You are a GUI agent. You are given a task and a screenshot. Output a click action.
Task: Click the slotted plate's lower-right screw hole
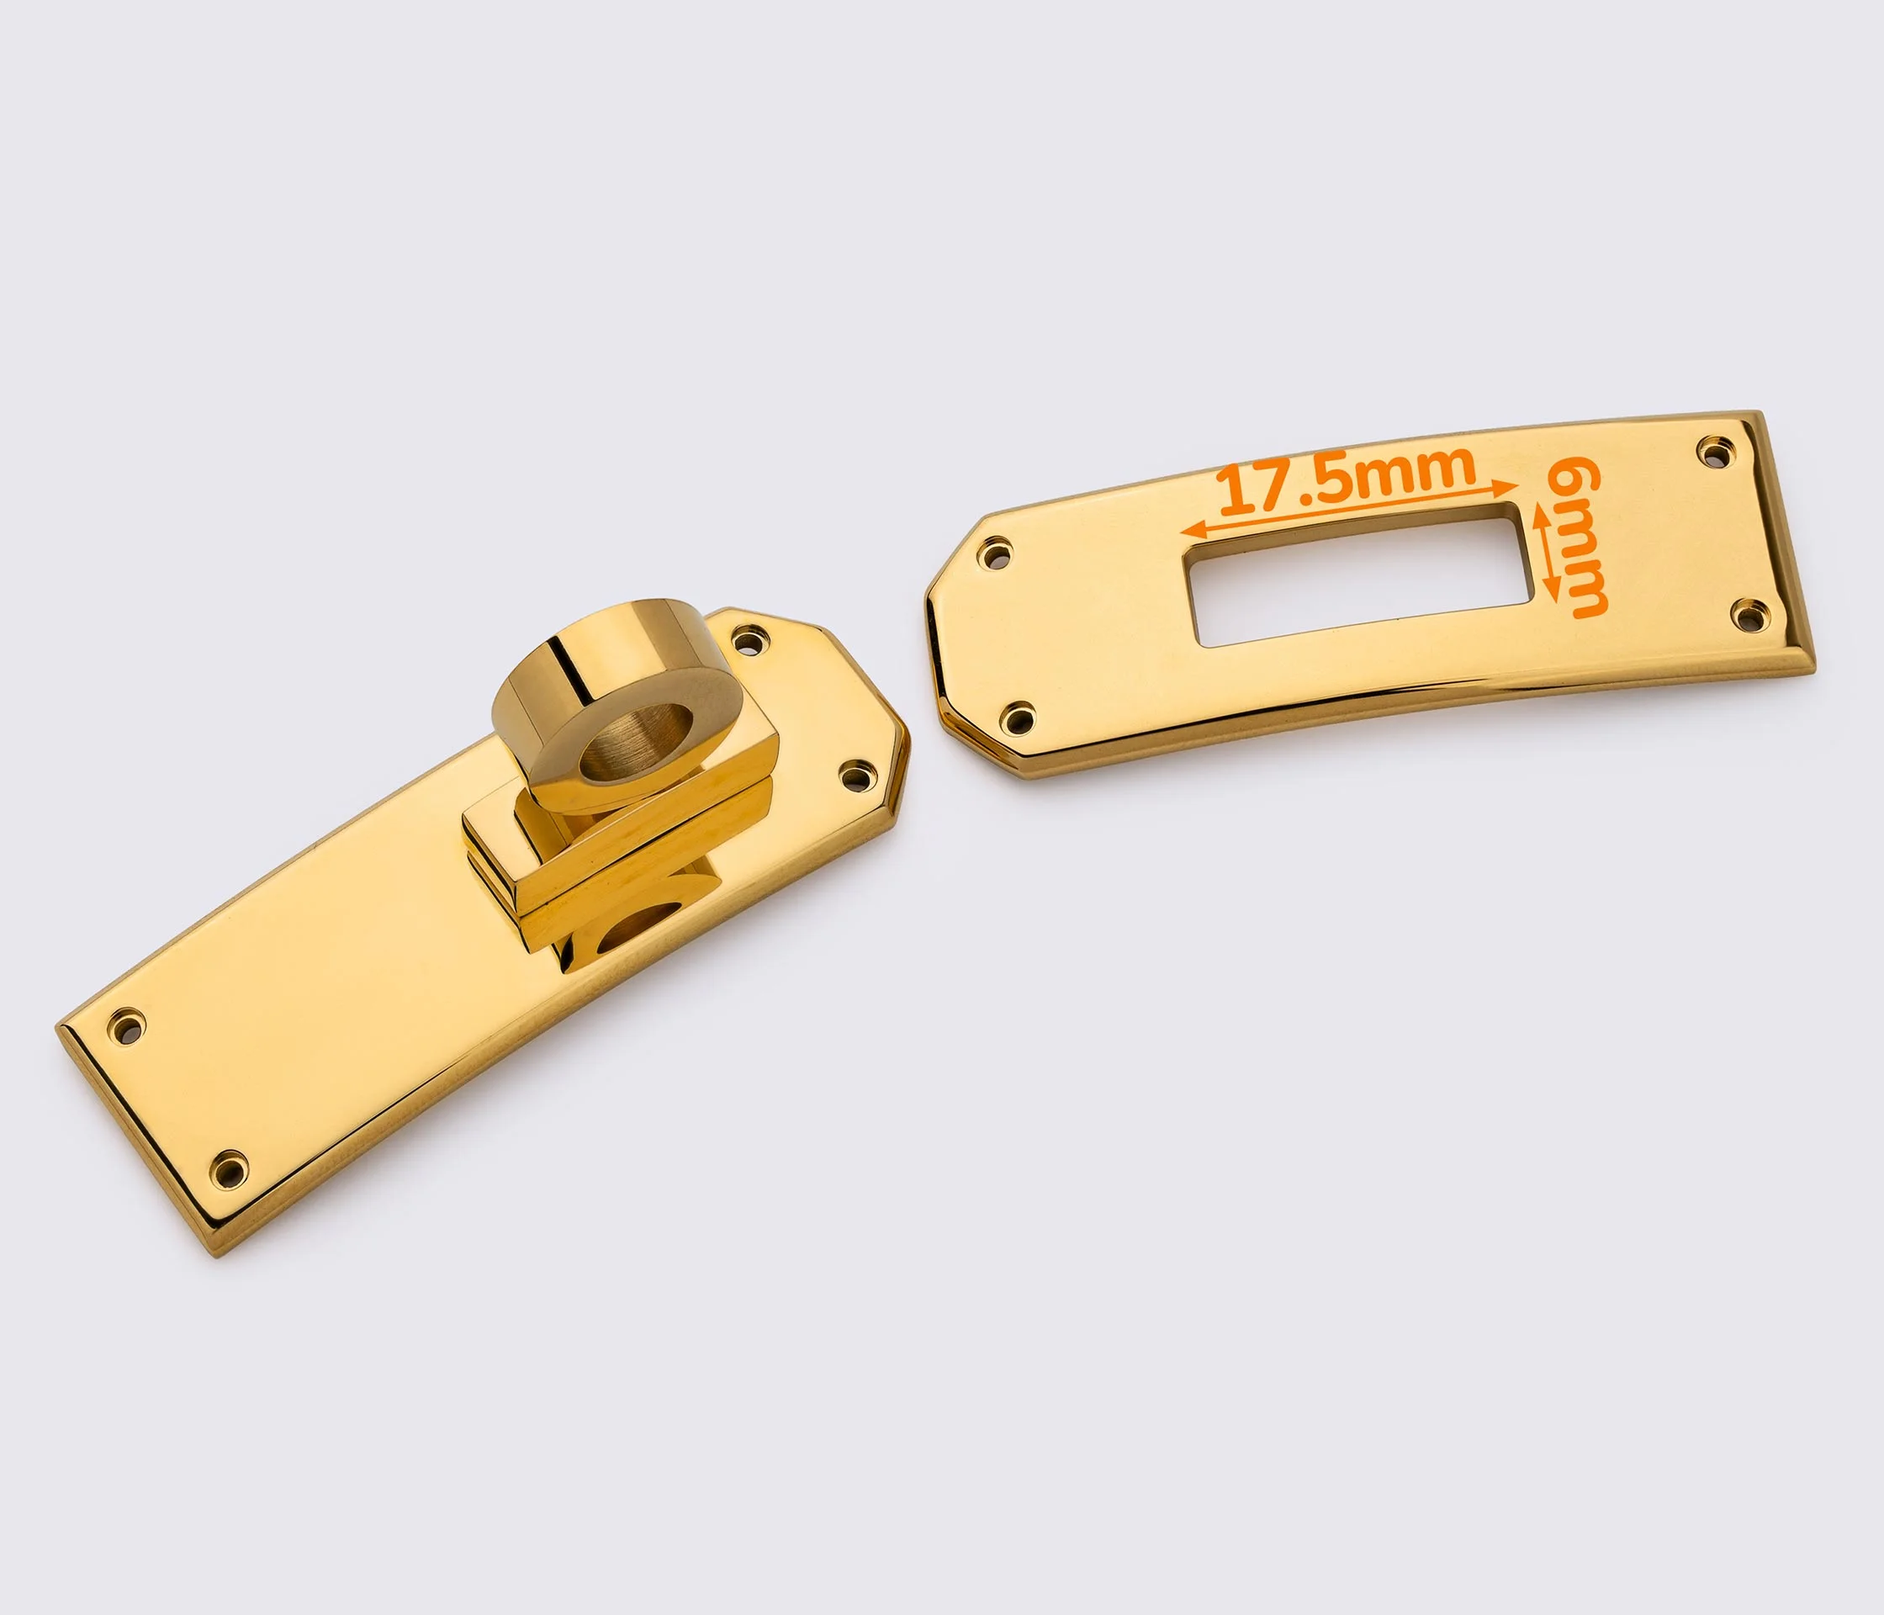[x=1749, y=615]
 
